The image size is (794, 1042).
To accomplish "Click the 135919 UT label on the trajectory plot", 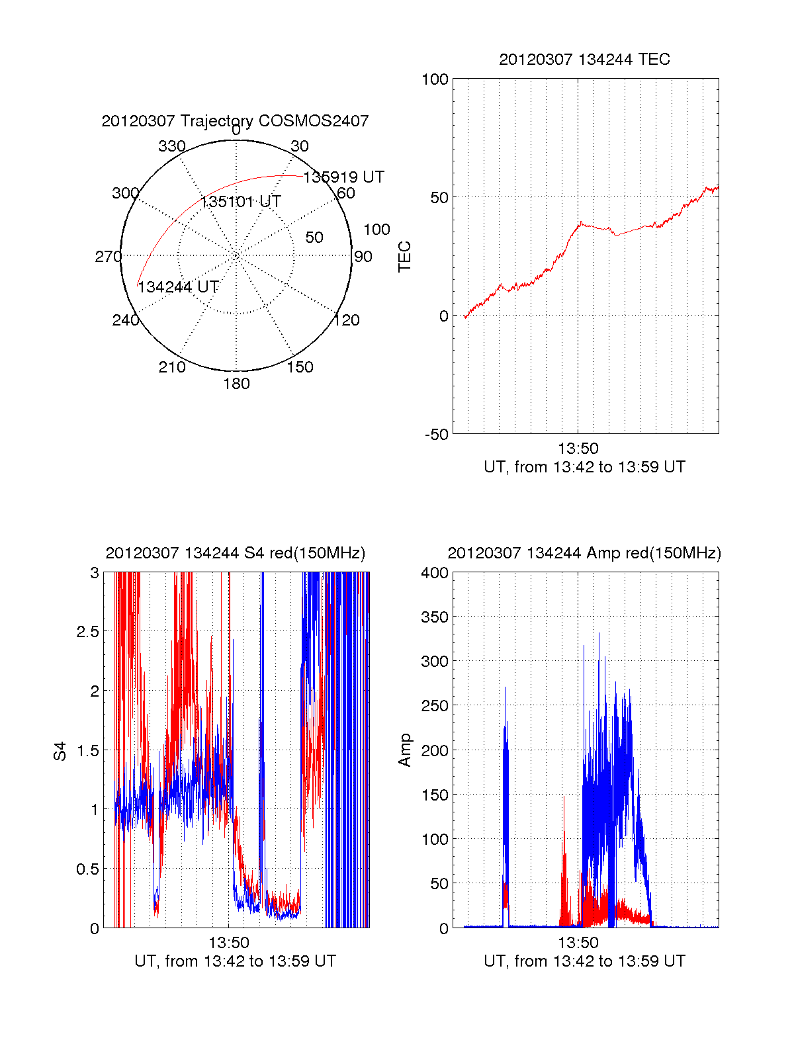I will tap(343, 177).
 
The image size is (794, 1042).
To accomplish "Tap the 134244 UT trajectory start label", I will tap(178, 287).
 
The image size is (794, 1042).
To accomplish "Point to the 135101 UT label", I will tap(240, 202).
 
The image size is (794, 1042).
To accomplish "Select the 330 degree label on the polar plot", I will tap(171, 146).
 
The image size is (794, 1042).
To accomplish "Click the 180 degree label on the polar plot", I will tap(236, 384).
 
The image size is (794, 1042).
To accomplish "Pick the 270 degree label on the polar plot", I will tap(108, 257).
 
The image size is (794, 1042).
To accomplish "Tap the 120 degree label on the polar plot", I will tap(347, 320).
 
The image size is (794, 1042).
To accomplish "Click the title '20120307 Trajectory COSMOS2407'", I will tap(235, 121).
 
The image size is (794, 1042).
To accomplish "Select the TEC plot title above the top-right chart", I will tap(584, 60).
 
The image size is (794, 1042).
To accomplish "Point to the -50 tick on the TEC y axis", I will tap(436, 435).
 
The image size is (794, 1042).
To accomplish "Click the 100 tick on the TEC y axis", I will tap(435, 79).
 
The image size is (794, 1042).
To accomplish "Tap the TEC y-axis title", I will tap(404, 257).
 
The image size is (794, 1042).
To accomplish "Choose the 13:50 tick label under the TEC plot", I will tap(578, 449).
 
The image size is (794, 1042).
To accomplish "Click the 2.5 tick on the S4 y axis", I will tap(88, 632).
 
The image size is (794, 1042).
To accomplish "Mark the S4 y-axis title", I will tap(60, 751).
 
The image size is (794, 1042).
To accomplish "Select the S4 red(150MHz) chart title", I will tap(235, 553).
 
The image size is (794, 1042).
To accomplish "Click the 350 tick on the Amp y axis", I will tap(435, 617).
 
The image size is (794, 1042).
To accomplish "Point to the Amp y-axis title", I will tap(404, 750).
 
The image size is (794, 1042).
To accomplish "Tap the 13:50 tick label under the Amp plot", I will tap(578, 943).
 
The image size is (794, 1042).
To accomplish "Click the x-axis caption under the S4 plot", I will tap(235, 961).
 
